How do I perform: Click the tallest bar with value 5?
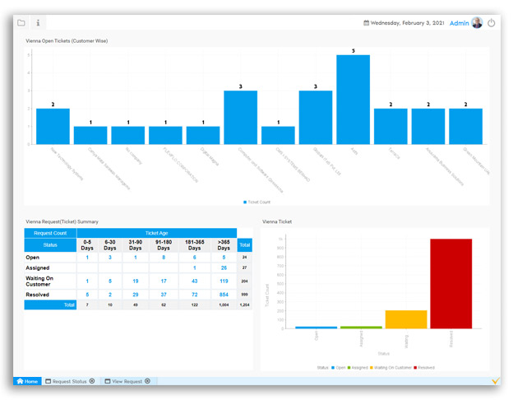353,99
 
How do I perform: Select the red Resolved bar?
451,283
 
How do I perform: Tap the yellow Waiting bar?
405,319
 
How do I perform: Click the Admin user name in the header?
460,23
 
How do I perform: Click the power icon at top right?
492,23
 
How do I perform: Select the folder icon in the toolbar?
21,23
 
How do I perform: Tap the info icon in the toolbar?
38,23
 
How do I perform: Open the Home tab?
27,381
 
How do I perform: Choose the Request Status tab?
69,381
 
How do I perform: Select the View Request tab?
127,381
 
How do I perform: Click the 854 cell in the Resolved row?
224,294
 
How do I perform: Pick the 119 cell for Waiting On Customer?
224,281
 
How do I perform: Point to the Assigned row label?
38,267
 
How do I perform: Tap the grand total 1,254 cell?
244,305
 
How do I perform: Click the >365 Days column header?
224,245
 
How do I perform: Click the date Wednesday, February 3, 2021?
407,23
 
